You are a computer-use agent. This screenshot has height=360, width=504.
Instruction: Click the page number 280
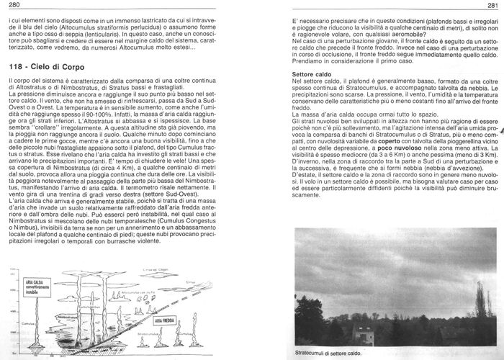tap(12, 5)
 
